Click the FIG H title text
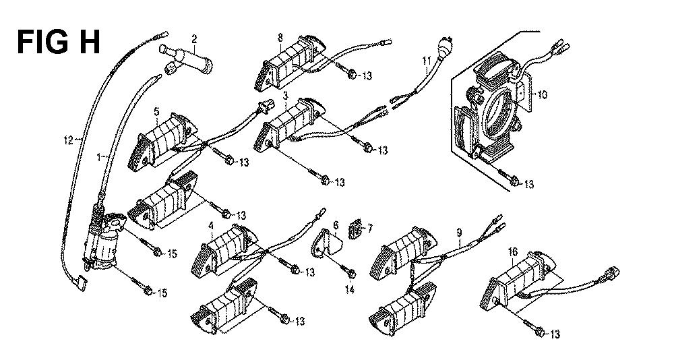(x=59, y=42)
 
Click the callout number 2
(x=194, y=39)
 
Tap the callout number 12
(x=67, y=140)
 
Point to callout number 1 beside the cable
(x=100, y=156)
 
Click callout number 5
(x=156, y=111)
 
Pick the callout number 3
(x=286, y=98)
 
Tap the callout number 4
(x=212, y=224)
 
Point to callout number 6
(x=335, y=224)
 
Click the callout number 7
(x=369, y=230)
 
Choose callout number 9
(x=458, y=233)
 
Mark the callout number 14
(x=349, y=289)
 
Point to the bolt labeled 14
(x=349, y=272)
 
